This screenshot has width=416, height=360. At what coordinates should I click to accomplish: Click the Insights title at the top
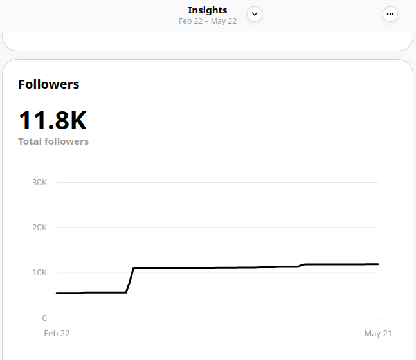[x=207, y=10]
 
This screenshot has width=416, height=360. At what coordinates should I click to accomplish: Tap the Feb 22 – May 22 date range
[x=207, y=21]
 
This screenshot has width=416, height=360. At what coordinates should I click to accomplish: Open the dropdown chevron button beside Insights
[x=255, y=14]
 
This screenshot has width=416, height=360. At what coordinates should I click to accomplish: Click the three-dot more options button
[x=390, y=14]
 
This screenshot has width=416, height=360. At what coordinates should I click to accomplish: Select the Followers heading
[x=49, y=84]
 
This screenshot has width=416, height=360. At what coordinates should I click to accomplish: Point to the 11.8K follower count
[x=52, y=121]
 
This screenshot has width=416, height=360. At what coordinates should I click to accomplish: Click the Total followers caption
[x=53, y=141]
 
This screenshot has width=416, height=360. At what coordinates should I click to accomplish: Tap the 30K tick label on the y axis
[x=39, y=183]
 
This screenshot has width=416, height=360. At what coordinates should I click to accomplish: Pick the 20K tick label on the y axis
[x=39, y=228]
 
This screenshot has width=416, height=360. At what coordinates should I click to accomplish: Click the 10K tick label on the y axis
[x=39, y=273]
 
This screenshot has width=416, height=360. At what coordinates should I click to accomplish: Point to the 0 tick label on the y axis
[x=44, y=318]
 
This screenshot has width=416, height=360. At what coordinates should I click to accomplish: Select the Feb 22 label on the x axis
[x=57, y=334]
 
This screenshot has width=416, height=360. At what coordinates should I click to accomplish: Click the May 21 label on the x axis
[x=378, y=334]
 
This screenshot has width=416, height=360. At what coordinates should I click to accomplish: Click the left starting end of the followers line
[x=57, y=293]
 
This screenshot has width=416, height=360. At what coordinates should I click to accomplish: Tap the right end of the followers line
[x=377, y=264]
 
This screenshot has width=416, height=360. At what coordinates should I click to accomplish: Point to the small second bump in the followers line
[x=302, y=265]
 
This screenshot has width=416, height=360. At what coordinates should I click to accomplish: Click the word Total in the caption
[x=31, y=141]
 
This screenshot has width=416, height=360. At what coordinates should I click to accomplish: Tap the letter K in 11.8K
[x=77, y=121]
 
